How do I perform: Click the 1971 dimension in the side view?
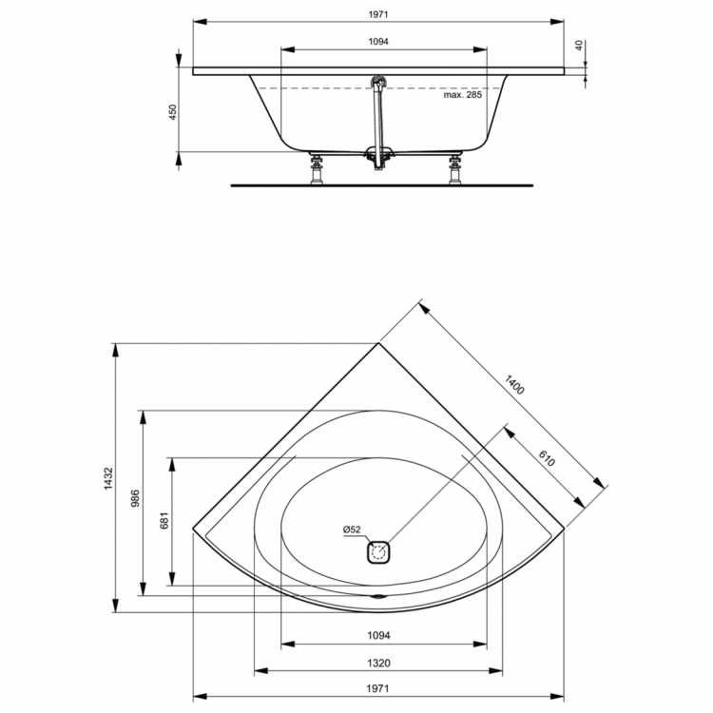coord(377,14)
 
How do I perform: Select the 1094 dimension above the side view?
coord(378,42)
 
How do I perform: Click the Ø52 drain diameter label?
coord(352,530)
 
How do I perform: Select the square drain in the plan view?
coord(378,551)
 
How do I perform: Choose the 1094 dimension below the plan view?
coord(378,635)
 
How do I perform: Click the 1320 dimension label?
coord(378,663)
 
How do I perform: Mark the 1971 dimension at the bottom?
coord(378,689)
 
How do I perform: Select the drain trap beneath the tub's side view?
coord(380,157)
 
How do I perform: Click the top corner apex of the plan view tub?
coord(378,343)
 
